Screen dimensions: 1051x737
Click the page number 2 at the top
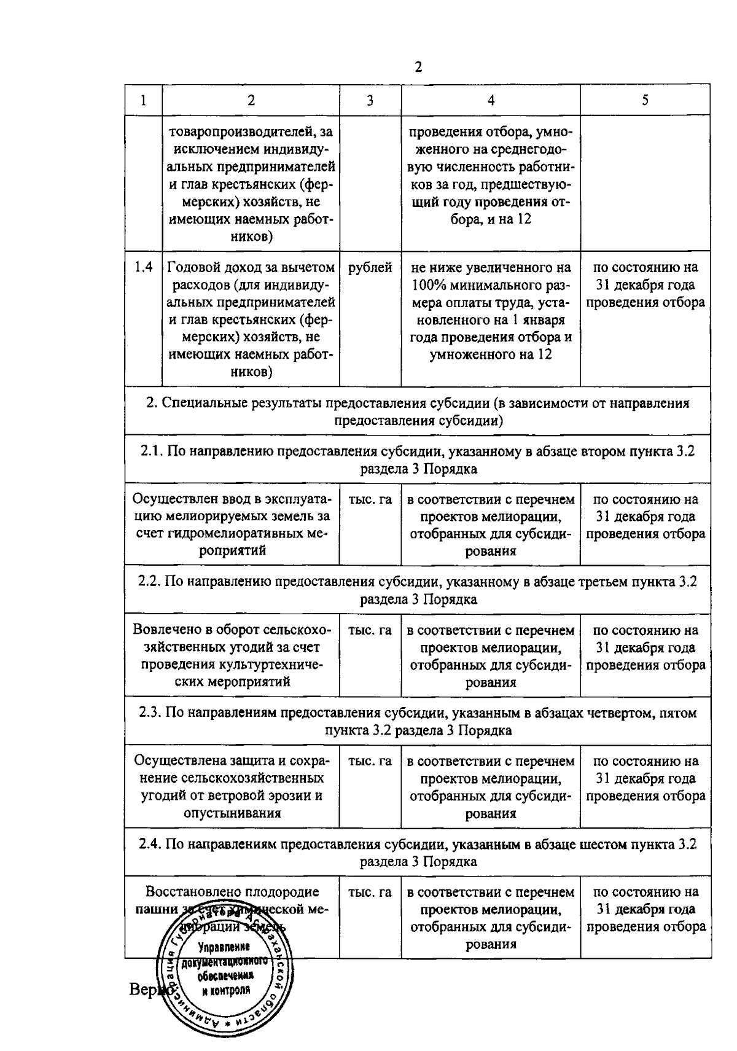click(418, 67)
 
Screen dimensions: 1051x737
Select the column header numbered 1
click(143, 101)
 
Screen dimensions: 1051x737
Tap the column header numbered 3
click(370, 101)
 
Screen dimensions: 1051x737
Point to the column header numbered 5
click(645, 101)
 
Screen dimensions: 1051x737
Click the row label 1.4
click(143, 268)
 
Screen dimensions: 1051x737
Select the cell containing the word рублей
click(370, 268)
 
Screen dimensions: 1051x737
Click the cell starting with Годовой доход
click(251, 319)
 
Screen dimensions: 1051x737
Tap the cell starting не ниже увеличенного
click(490, 311)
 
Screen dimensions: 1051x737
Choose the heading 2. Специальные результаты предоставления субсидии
click(418, 412)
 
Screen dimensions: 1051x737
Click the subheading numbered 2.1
click(418, 459)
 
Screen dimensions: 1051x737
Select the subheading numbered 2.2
click(418, 590)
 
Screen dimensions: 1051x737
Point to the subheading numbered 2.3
click(418, 722)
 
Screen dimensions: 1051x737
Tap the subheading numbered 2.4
click(418, 853)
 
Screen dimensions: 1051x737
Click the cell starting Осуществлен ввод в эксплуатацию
click(232, 525)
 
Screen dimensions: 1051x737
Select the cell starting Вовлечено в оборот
click(232, 656)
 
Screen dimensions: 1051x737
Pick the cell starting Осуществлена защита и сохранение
click(232, 787)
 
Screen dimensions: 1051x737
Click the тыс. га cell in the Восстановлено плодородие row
click(370, 893)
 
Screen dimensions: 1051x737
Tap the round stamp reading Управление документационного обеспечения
click(225, 977)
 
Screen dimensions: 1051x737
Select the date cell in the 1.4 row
click(645, 285)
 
